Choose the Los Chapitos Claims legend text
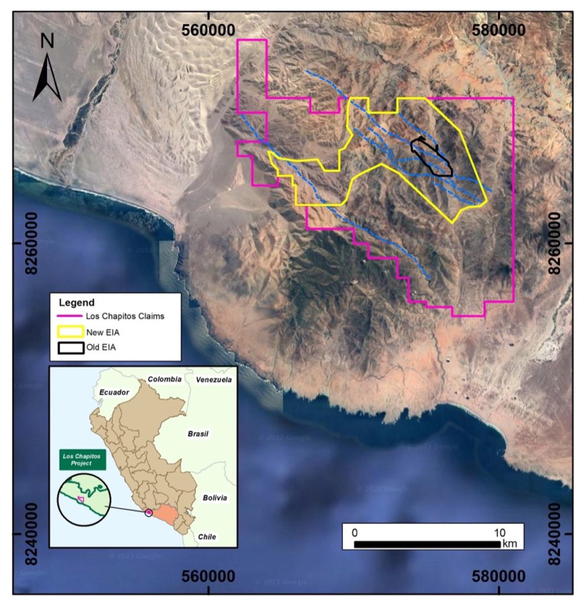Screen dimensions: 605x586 click(125, 317)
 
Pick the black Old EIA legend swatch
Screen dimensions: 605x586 click(70, 347)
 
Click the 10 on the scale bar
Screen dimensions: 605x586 click(500, 532)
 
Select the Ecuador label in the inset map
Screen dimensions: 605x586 click(114, 392)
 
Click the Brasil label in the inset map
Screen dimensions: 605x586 click(198, 434)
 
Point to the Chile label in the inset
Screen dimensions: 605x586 click(207, 536)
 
